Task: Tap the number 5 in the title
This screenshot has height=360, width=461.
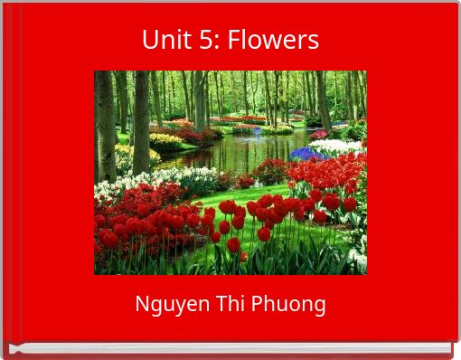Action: [199, 41]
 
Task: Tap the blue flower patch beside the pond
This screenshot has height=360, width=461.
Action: [306, 154]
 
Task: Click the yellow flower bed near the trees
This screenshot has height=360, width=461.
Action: [166, 140]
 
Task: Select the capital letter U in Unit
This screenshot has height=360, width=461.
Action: [148, 41]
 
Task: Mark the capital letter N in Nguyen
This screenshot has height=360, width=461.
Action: [141, 304]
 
